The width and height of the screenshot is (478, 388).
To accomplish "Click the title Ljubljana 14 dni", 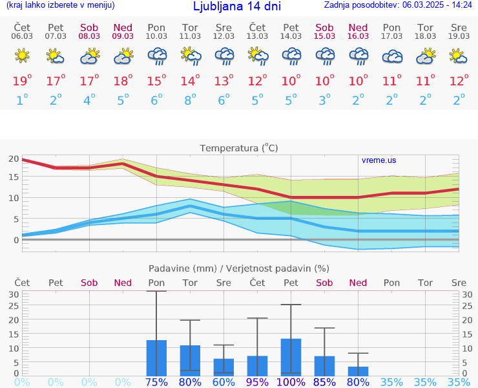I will [237, 6].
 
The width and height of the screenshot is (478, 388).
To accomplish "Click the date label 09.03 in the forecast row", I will [123, 36].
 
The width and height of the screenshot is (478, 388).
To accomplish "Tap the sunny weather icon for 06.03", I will [22, 57].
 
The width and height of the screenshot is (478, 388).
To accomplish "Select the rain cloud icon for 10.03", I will [156, 57].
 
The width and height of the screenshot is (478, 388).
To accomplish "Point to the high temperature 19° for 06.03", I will [22, 81].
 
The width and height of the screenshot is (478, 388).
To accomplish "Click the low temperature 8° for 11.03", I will [190, 100].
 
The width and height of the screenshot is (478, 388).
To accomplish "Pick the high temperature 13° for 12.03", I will [223, 81].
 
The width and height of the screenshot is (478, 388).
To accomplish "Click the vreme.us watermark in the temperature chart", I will [379, 160].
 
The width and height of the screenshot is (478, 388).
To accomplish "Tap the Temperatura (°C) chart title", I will [238, 148].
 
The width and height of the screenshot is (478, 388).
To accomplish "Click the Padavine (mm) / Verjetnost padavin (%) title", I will [238, 268].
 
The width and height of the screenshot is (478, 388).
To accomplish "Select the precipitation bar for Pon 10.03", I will [156, 358].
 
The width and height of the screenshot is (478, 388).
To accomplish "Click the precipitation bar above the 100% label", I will [291, 357].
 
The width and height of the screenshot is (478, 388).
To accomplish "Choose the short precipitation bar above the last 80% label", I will [358, 371].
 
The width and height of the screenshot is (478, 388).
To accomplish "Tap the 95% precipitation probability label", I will [257, 382].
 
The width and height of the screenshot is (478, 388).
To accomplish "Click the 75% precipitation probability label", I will [156, 382].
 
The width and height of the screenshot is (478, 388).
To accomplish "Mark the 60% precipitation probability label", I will [223, 382].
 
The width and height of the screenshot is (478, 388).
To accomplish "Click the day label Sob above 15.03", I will [324, 27].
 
